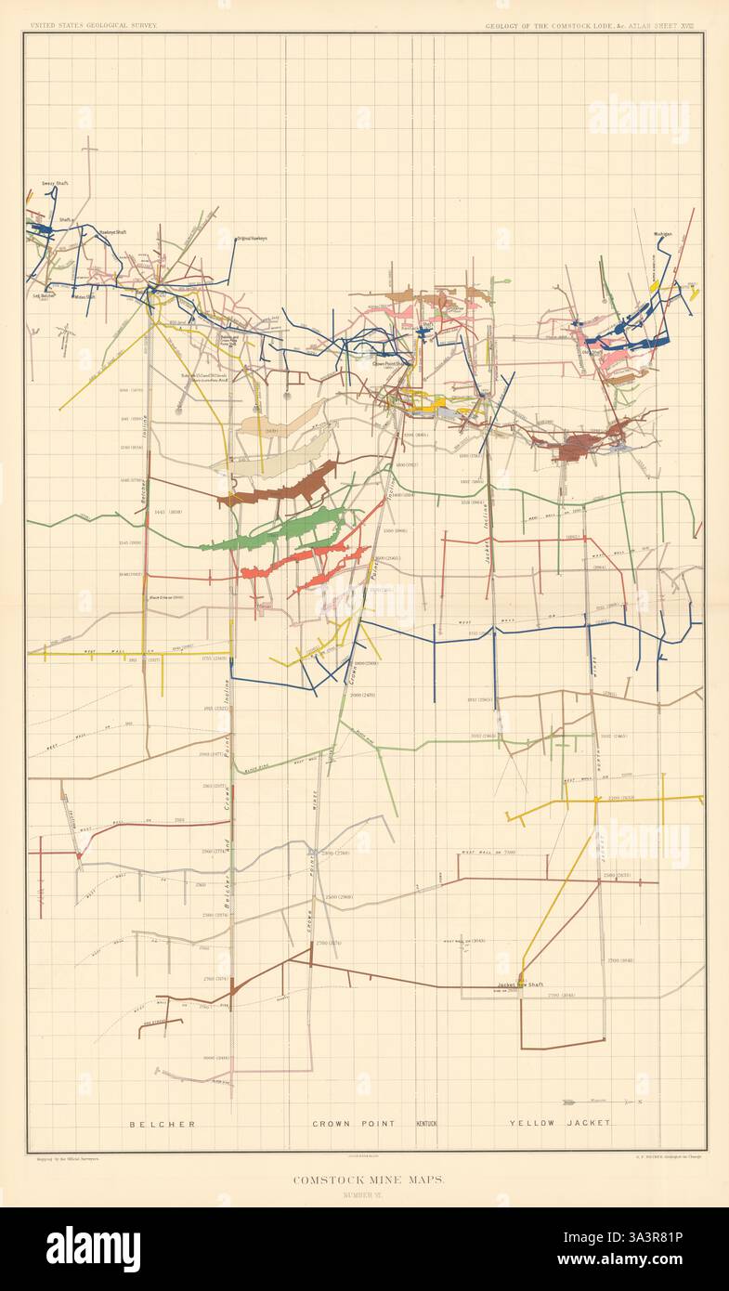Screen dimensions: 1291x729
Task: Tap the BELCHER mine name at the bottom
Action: click(162, 1123)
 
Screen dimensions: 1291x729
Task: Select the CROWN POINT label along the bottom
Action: click(353, 1123)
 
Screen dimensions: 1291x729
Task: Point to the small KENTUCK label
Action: click(433, 1123)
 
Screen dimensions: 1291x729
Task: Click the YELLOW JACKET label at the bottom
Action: click(560, 1123)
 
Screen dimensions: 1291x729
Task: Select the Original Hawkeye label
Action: click(251, 239)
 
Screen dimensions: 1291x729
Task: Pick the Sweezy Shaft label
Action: click(56, 184)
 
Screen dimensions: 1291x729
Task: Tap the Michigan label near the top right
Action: click(662, 234)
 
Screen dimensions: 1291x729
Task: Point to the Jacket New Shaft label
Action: click(519, 985)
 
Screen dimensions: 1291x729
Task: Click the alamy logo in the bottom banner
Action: click(93, 1248)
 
